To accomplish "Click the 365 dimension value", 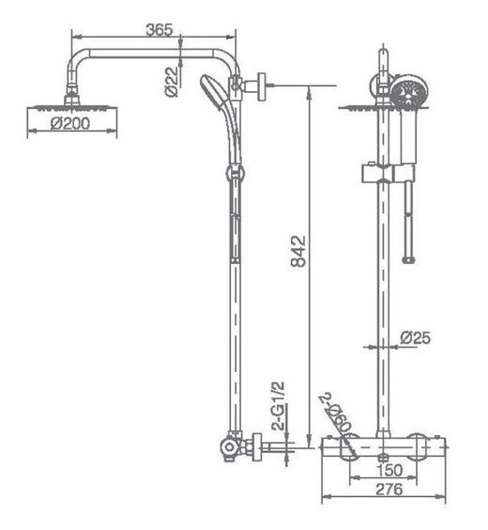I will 160,29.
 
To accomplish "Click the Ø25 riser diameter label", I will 415,337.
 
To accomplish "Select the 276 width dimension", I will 383,489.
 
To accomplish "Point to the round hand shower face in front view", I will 406,92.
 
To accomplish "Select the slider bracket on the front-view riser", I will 385,174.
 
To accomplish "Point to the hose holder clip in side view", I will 230,174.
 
